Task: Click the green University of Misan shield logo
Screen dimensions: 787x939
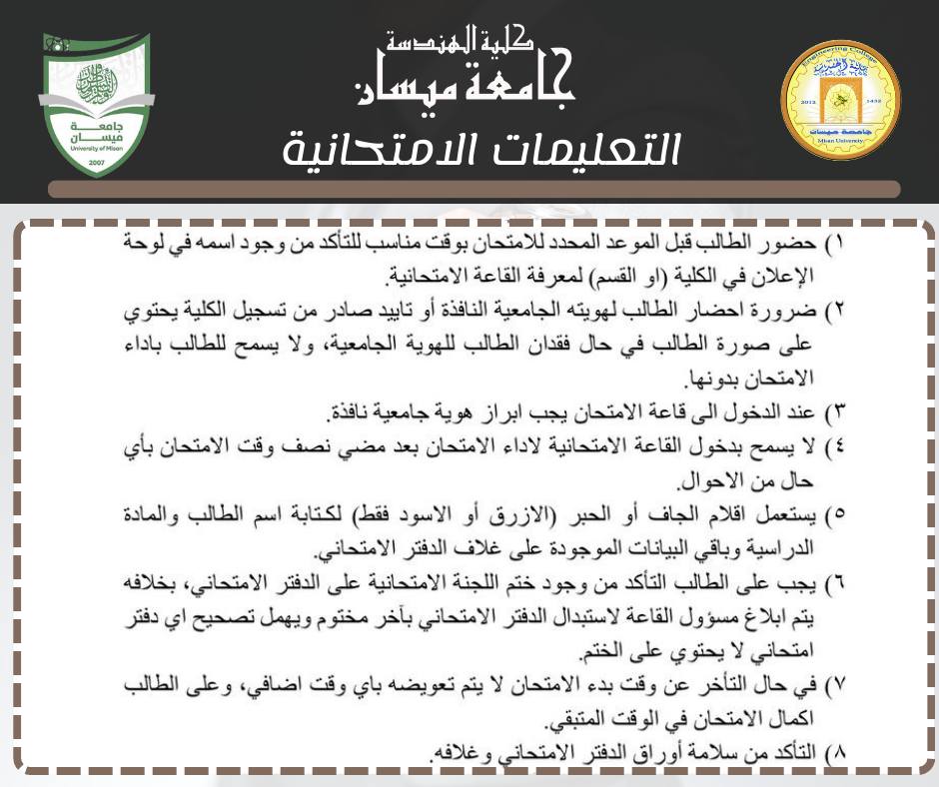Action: pos(97,104)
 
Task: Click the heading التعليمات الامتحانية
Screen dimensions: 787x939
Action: pos(480,150)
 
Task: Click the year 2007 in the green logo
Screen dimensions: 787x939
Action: pos(96,160)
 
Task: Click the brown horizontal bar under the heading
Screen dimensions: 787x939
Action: pos(474,189)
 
